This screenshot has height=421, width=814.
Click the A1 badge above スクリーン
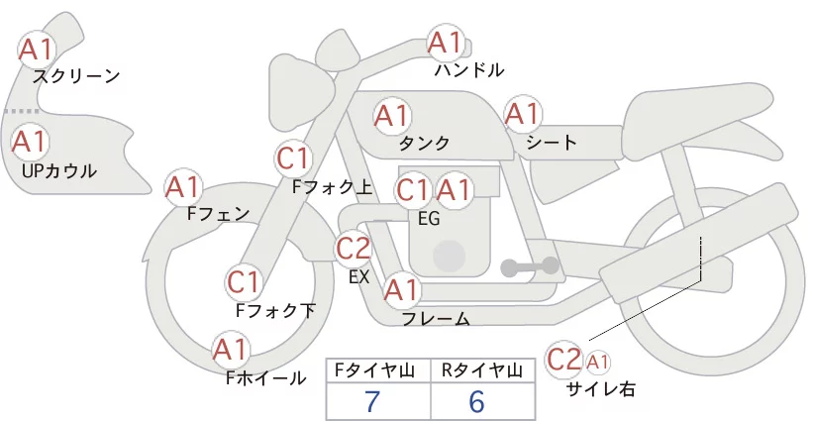click(x=36, y=50)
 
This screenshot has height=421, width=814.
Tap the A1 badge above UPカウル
click(x=30, y=142)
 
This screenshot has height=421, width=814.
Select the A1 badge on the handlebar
click(x=446, y=43)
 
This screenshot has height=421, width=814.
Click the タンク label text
click(x=424, y=144)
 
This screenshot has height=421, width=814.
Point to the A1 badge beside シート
click(x=523, y=114)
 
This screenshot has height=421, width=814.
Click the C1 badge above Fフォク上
click(x=294, y=158)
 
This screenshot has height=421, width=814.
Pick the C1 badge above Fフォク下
click(x=244, y=283)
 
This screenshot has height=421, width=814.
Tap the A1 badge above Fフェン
click(x=182, y=187)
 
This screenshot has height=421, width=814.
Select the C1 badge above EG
click(x=413, y=190)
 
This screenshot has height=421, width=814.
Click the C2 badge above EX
click(x=353, y=248)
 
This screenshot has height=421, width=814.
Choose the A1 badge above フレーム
click(x=401, y=290)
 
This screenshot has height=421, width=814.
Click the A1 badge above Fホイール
click(x=230, y=350)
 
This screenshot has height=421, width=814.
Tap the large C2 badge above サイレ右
click(x=563, y=360)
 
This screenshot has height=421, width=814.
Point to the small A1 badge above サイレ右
click(x=597, y=363)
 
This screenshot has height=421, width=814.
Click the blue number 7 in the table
click(x=372, y=401)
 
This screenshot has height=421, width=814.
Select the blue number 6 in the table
click(x=476, y=401)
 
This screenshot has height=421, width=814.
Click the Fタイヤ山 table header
click(x=374, y=370)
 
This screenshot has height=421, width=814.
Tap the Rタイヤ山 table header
click(x=481, y=370)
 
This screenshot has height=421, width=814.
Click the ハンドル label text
click(x=469, y=70)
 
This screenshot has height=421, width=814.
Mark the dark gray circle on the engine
click(x=449, y=256)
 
